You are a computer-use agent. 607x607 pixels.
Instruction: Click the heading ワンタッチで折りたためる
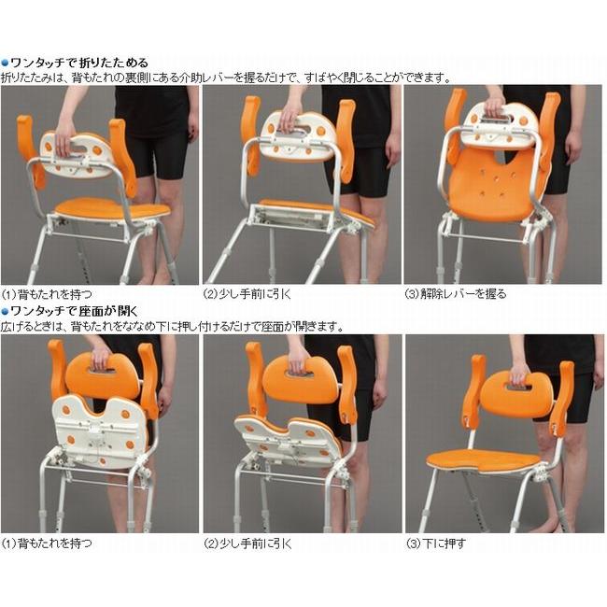pos(78,63)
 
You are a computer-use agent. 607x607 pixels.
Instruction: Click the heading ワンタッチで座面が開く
pos(78,311)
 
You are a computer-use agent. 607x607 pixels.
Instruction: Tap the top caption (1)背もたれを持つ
pos(47,294)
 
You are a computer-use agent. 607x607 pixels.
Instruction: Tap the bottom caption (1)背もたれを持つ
pos(47,543)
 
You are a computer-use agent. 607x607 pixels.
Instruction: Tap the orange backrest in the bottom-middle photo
pos(299,378)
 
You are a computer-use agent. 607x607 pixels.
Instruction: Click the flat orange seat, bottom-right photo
pos(486,459)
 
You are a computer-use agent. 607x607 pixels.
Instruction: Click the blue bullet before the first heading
pos(5,63)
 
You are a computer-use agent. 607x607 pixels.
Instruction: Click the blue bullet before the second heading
pos(5,311)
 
